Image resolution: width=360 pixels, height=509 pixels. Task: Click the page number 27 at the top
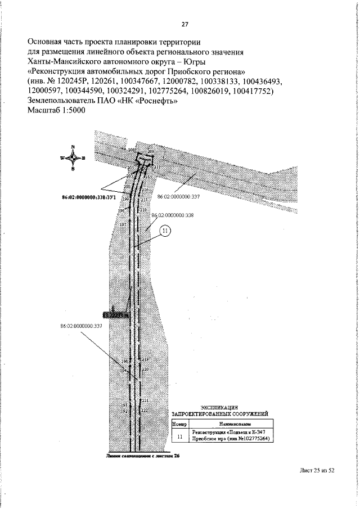[x=184, y=25]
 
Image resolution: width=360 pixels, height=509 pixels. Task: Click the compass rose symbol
[x=73, y=157]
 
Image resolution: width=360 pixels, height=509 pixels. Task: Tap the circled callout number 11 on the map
[x=165, y=231]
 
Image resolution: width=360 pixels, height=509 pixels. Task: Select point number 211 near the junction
[x=157, y=168]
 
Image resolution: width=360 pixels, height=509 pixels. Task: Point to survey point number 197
[x=123, y=223]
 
